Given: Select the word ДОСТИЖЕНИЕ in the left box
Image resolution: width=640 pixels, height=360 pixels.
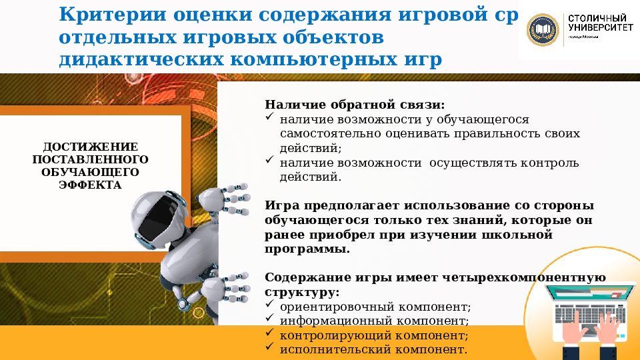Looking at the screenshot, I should coord(90,147).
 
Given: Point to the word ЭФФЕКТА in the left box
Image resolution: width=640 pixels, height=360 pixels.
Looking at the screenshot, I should coord(90,185).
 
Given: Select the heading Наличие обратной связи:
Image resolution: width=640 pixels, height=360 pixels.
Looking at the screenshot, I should coord(354,105).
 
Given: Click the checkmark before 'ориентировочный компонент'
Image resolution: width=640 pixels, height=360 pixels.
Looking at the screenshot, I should coord(269,305).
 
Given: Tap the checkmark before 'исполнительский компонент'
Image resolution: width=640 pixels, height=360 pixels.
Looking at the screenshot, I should coord(269,348).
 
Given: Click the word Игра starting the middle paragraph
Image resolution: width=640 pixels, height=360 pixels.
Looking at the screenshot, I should coord(280,205).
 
